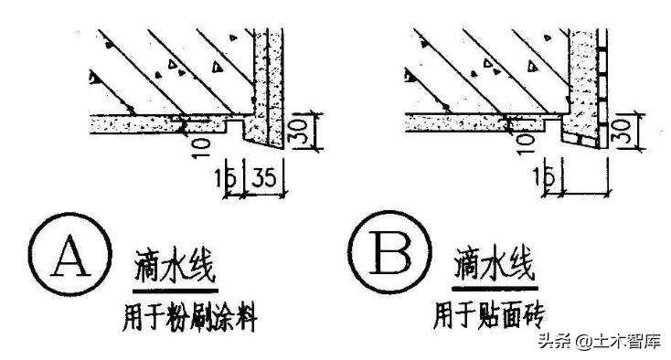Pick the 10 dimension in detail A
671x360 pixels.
click(x=203, y=143)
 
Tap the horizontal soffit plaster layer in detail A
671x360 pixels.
click(x=137, y=120)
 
